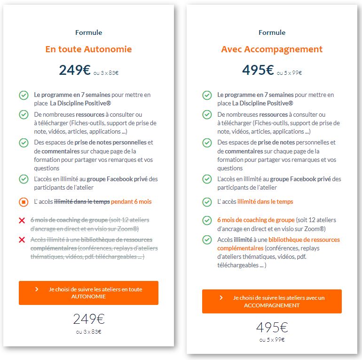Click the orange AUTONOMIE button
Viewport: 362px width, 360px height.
pos(88,293)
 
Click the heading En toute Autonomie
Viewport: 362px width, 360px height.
pos(88,49)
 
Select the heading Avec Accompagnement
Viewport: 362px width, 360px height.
pos(272,49)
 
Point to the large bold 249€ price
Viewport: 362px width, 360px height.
pos(75,70)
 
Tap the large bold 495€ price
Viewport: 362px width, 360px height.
pos(258,70)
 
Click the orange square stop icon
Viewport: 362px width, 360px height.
pos(24,202)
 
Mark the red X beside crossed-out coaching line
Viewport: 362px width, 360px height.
pos(22,220)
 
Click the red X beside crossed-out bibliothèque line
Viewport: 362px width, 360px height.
pos(22,240)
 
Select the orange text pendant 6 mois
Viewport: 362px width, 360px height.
pos(131,201)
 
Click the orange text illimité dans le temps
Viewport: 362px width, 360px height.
pos(265,201)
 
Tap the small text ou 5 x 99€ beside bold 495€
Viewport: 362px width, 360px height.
pos(289,73)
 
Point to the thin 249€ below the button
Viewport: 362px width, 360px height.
pos(88,319)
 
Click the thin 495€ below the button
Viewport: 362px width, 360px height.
pos(272,327)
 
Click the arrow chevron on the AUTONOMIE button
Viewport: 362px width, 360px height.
pos(37,289)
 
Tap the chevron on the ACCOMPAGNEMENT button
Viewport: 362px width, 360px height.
pos(221,298)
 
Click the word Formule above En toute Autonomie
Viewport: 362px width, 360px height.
pos(88,32)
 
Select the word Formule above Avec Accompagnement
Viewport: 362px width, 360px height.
pos(272,32)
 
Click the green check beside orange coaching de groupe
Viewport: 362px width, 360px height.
pos(207,220)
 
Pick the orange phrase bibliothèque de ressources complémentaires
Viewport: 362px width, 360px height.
pos(278,244)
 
